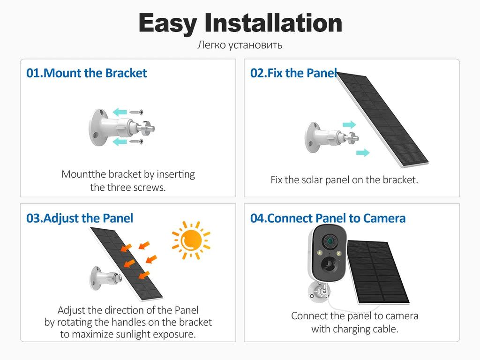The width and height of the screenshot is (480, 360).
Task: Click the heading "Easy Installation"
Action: (x=240, y=23)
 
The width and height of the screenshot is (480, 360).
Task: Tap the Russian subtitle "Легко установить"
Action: (x=240, y=45)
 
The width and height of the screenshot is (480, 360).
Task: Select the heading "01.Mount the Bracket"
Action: (x=87, y=73)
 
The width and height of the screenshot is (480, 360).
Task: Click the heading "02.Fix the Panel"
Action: (x=294, y=73)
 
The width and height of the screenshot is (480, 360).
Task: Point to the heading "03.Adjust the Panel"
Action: (x=80, y=218)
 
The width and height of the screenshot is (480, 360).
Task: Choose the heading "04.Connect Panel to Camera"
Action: (x=328, y=218)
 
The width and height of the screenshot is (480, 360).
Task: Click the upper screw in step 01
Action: (x=136, y=112)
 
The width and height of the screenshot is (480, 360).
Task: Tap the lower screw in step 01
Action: (x=136, y=142)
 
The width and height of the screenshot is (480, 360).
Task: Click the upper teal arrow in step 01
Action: (x=120, y=112)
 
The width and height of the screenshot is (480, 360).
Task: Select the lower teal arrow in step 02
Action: (x=363, y=152)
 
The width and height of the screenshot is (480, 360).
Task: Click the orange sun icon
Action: (x=191, y=240)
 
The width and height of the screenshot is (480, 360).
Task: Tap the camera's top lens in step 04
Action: (x=330, y=242)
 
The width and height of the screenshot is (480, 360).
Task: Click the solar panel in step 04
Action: (x=378, y=272)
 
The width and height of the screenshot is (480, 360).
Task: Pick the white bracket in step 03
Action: (x=105, y=277)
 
